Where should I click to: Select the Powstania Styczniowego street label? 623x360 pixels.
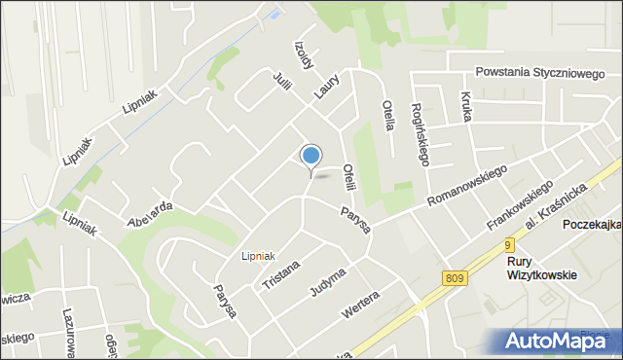click(539, 71)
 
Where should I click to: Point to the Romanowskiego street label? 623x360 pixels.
click(468, 186)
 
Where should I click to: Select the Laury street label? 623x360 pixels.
click(326, 85)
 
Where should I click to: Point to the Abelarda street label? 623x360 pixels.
click(150, 213)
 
